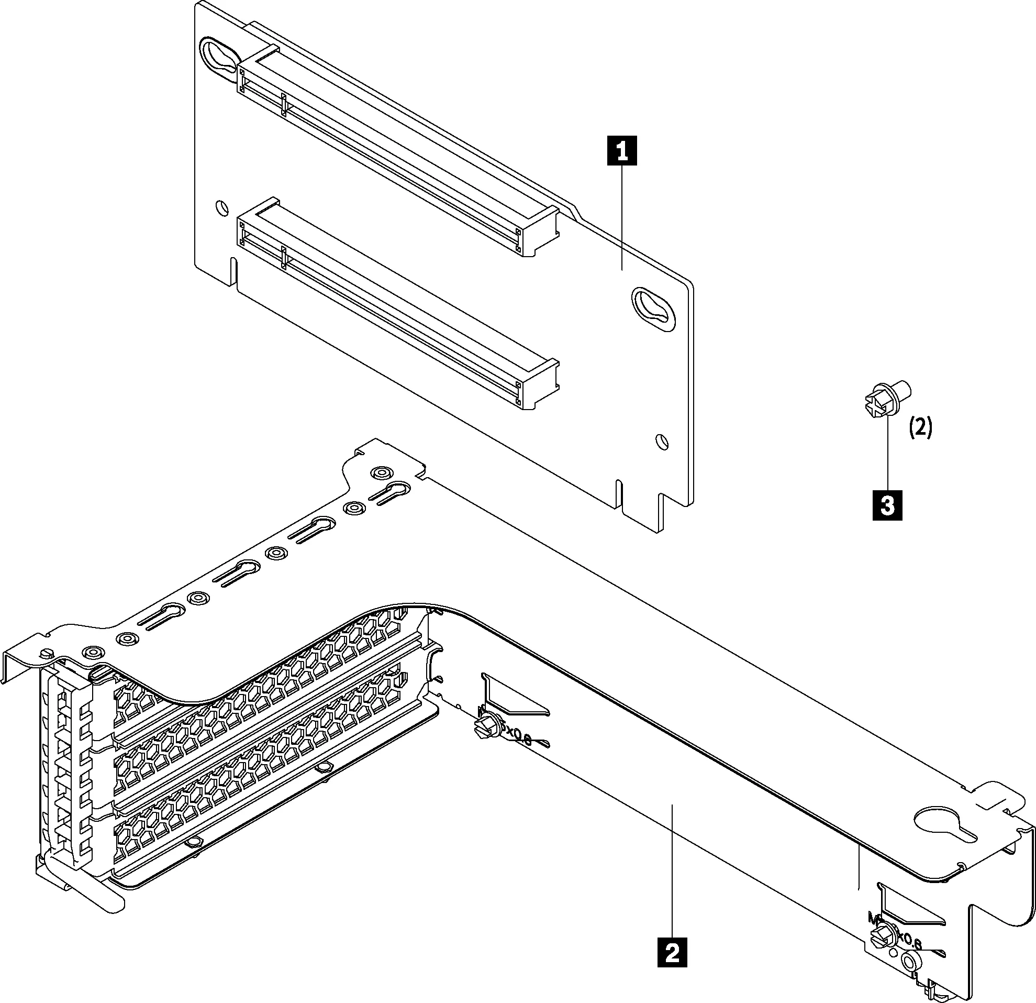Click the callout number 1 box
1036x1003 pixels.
[x=622, y=151]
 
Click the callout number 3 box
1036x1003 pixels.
[x=887, y=505]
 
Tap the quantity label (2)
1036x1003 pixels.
[x=920, y=428]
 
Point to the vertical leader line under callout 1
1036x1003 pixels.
[x=622, y=217]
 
